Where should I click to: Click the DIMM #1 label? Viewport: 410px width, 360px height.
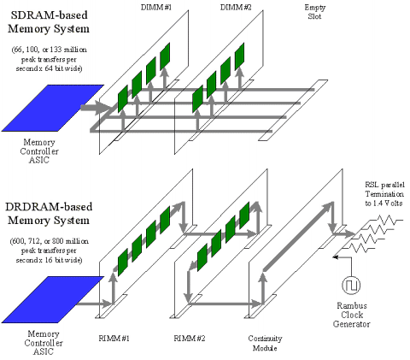click(x=156, y=8)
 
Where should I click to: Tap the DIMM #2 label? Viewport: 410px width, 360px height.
click(x=236, y=8)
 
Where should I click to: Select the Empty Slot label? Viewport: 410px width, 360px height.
click(x=314, y=12)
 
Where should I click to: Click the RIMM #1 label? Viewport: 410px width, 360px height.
click(x=114, y=339)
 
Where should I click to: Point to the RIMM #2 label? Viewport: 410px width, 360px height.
click(x=190, y=339)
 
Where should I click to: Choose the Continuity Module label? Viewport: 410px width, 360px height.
click(x=265, y=343)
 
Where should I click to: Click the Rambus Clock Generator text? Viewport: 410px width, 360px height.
click(x=352, y=315)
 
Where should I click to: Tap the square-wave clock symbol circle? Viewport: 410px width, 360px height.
click(x=351, y=285)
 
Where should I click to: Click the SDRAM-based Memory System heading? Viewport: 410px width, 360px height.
click(x=49, y=22)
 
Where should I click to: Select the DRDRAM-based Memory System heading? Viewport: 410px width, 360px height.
click(x=49, y=213)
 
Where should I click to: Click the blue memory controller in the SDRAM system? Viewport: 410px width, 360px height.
click(x=53, y=108)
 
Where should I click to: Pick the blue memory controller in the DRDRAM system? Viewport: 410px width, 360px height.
click(x=53, y=299)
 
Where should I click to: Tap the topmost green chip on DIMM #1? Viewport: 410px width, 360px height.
click(x=165, y=56)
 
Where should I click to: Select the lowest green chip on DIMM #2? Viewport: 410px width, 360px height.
click(x=197, y=98)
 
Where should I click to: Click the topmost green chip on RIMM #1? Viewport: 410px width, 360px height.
click(x=165, y=220)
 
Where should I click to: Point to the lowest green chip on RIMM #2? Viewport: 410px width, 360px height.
click(x=202, y=257)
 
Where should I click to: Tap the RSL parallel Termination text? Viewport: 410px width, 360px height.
click(x=384, y=194)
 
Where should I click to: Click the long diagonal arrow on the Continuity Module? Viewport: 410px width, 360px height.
click(x=298, y=236)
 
